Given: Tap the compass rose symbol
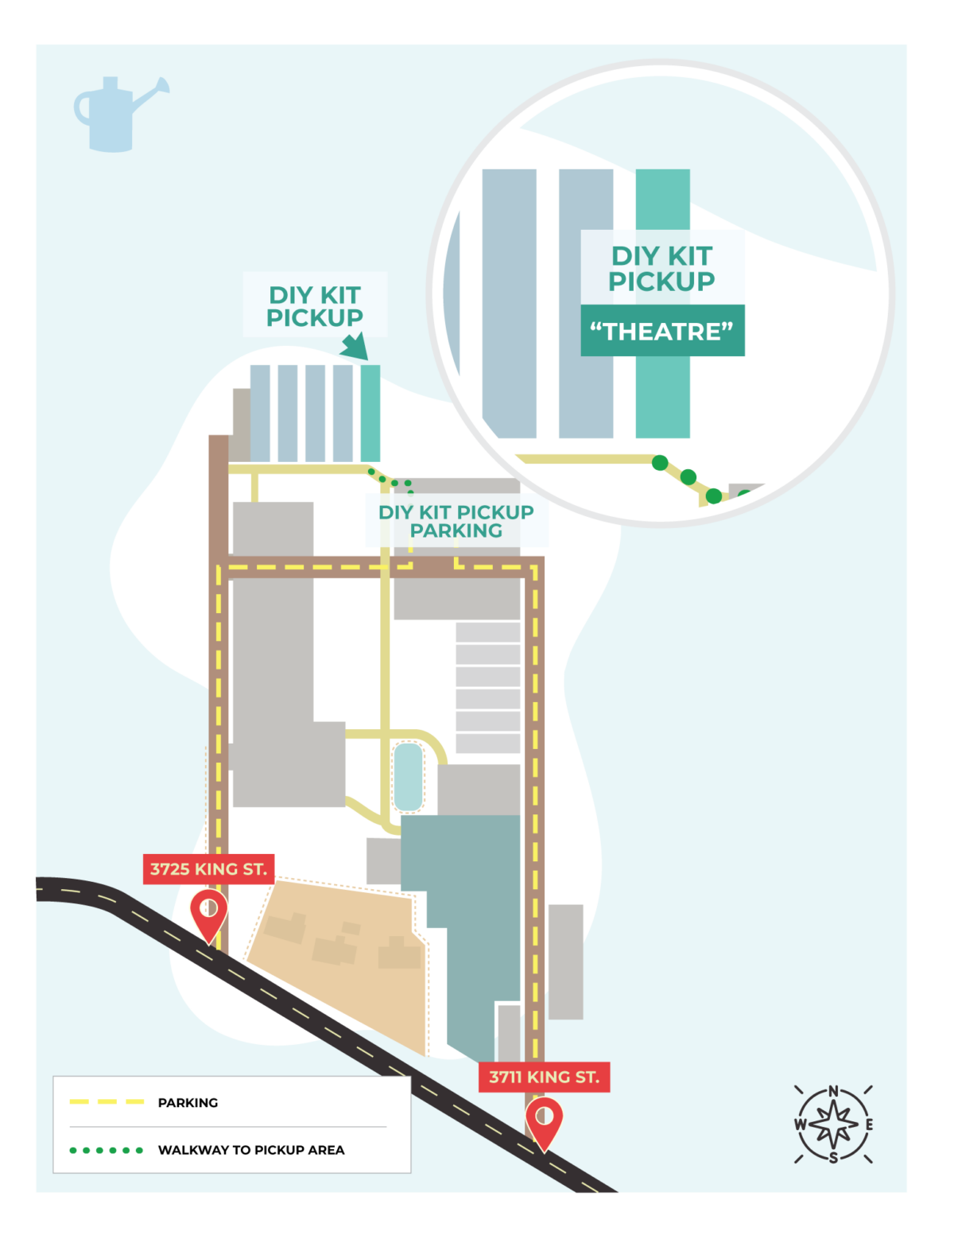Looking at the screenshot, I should [832, 1124].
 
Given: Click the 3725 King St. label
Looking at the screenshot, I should [208, 868].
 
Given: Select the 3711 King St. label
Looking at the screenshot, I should [544, 1077].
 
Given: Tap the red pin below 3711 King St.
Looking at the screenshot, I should [544, 1122].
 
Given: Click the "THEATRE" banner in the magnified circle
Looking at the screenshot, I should [662, 331].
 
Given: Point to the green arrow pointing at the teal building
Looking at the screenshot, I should [355, 347].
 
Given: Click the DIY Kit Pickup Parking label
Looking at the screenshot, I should [456, 522].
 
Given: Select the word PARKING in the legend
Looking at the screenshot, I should [188, 1102].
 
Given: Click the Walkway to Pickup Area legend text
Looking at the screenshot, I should [251, 1150].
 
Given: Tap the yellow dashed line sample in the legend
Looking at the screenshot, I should [107, 1102].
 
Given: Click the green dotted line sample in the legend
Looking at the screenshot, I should [107, 1150].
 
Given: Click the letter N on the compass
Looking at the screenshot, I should [833, 1091].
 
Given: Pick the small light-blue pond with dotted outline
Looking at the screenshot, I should [408, 777].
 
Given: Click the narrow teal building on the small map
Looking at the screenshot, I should [370, 413].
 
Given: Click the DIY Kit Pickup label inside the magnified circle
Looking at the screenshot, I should [661, 268].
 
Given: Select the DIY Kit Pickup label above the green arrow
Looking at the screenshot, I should [315, 306].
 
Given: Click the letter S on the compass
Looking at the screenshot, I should [833, 1158].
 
